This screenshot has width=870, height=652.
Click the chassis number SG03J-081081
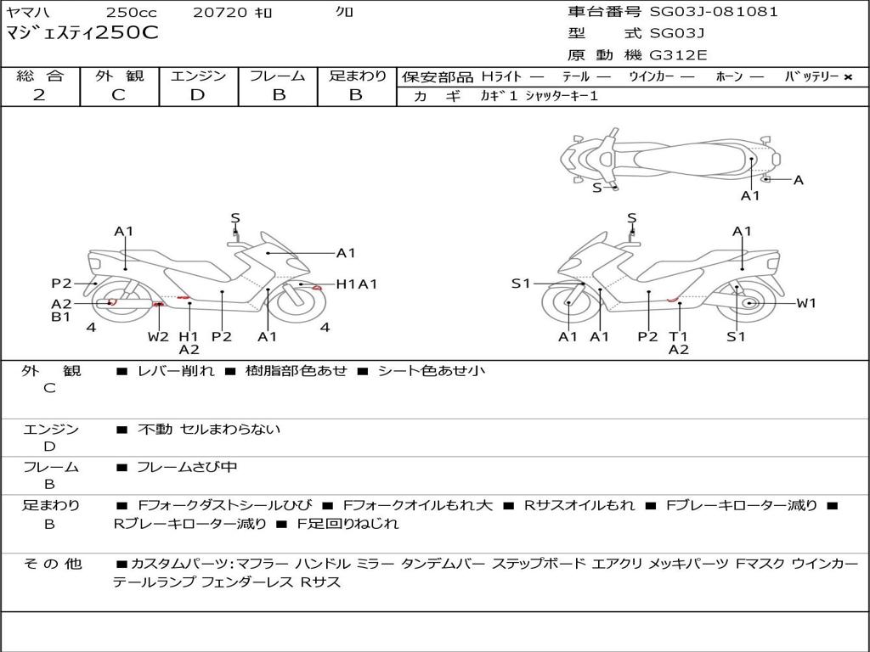click(714, 12)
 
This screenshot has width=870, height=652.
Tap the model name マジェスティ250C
click(82, 33)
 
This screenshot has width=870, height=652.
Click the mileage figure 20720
click(220, 12)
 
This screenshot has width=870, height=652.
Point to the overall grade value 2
click(39, 95)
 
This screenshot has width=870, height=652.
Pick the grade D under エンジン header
click(197, 95)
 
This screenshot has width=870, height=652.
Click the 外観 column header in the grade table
click(119, 76)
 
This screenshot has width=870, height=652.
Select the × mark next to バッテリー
click(848, 77)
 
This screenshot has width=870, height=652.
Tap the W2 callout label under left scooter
click(158, 336)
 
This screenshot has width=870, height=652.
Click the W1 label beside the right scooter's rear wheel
click(806, 303)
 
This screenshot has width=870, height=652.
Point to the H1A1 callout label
click(357, 284)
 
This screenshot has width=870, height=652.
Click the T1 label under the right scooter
click(678, 336)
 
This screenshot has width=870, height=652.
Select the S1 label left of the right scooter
click(521, 284)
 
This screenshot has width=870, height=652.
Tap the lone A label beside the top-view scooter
click(799, 180)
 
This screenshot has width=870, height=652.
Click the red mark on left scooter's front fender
click(318, 288)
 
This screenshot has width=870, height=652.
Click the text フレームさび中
click(187, 468)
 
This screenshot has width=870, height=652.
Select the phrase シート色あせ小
click(431, 371)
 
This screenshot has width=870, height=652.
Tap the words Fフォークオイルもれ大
click(418, 506)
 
